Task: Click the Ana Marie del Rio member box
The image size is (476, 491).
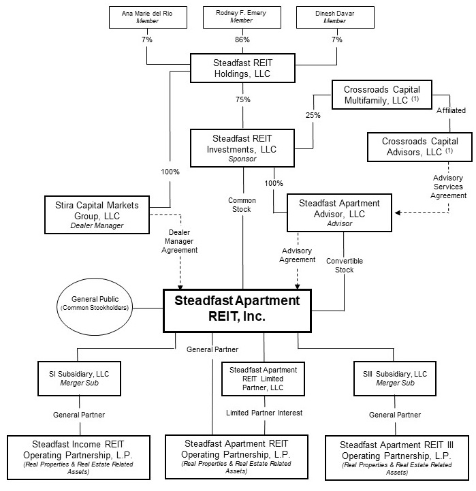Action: click(148, 18)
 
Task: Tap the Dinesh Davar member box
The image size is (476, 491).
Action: click(335, 18)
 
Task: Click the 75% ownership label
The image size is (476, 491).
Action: click(243, 100)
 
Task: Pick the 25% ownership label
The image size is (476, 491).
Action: click(313, 116)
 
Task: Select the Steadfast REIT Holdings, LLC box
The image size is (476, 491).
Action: click(243, 68)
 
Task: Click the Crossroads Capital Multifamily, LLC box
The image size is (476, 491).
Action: click(382, 95)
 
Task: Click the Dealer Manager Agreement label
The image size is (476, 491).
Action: click(179, 241)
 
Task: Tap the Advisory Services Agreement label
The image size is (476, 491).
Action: click(448, 187)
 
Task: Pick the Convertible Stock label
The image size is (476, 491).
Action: click(345, 266)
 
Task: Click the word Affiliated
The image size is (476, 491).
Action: click(451, 110)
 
